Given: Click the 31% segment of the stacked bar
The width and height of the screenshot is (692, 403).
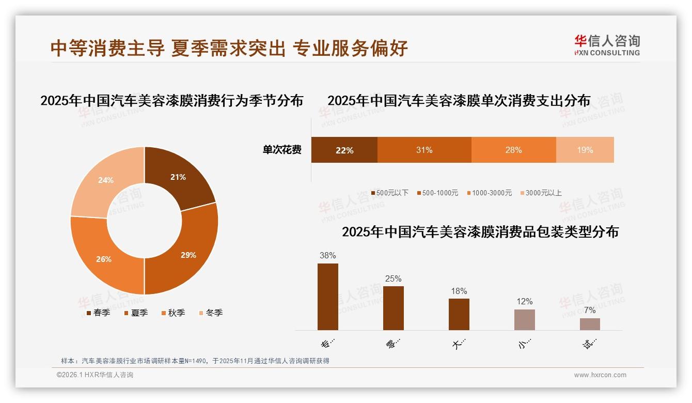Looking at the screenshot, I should pos(424,150).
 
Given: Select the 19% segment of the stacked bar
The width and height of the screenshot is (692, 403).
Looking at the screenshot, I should pos(585,150).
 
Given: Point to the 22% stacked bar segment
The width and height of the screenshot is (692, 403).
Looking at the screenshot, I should pos(344,150).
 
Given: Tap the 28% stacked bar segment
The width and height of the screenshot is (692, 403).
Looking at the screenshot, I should pos(513,150).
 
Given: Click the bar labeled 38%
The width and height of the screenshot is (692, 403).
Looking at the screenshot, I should pos(328,297).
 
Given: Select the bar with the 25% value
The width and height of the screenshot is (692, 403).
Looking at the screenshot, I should pos(393,308).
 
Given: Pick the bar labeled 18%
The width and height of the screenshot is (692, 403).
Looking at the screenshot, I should pos(459,314).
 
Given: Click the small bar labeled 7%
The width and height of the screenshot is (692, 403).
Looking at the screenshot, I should pos(590,324).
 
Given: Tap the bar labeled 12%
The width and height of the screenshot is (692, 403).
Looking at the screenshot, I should pos(524,320).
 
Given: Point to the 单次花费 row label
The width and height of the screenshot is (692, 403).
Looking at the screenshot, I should pos(282,150).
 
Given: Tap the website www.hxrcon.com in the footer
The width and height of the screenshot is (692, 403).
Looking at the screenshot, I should pos(600,375).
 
